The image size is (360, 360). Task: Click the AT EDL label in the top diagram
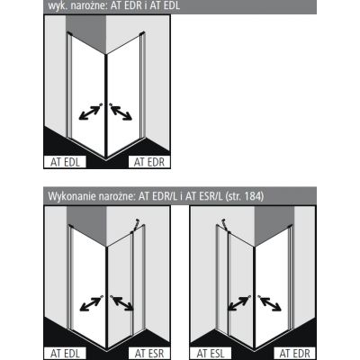coord(65,162)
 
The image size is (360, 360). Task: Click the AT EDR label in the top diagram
coord(149,162)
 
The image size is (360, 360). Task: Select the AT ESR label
coord(149,354)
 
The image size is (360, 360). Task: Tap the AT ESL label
coord(211,354)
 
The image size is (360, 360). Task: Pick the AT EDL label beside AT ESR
coord(65,354)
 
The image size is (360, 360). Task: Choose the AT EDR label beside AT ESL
coord(294,354)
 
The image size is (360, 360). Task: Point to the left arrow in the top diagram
coord(91,112)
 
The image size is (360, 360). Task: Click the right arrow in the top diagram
coord(121,112)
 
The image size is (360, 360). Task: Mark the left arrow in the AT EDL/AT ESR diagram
coord(91,303)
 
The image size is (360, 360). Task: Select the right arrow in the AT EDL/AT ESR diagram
coord(121,303)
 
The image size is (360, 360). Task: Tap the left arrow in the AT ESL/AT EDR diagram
coord(238,303)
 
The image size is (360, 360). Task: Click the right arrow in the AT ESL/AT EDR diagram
coord(270,303)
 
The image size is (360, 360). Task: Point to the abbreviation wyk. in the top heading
coord(56,5)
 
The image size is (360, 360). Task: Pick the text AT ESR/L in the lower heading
coord(204,196)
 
